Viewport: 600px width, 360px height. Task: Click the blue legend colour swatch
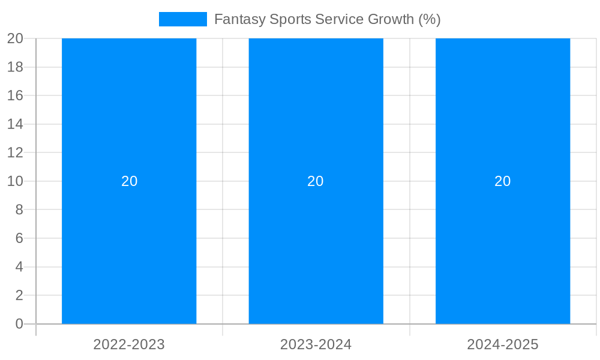pos(182,19)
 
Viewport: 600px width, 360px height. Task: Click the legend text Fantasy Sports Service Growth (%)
pos(327,19)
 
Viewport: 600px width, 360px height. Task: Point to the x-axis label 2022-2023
pos(129,344)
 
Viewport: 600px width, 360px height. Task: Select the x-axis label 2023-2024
pos(316,344)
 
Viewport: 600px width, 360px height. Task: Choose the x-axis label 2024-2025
pos(503,344)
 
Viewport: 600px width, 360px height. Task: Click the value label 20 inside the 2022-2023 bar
pos(129,181)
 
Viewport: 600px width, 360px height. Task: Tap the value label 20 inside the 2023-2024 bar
pos(316,181)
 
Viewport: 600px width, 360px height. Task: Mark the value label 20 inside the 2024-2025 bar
pos(503,181)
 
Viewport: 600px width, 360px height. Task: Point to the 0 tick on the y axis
pos(19,324)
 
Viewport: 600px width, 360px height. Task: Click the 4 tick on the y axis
pos(19,267)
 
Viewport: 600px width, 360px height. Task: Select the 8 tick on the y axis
pos(19,210)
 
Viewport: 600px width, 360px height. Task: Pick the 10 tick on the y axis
pos(15,181)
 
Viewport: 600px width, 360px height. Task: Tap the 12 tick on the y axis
pos(15,152)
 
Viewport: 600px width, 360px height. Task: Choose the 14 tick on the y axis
pos(15,124)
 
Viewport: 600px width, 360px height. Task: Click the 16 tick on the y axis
pos(15,95)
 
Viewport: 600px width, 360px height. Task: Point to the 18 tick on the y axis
pos(15,67)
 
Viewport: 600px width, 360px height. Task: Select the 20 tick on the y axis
pos(15,38)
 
